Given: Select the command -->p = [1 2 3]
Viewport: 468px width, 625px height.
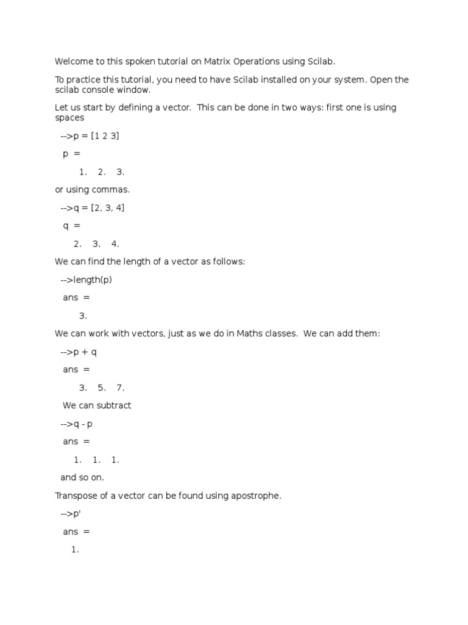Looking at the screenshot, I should [90, 135].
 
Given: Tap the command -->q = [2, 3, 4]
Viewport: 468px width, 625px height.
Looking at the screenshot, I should [93, 208].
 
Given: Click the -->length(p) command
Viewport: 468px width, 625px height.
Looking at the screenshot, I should [86, 280].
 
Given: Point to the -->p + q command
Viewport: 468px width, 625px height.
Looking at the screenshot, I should [79, 352].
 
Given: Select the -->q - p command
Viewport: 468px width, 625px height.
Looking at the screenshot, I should [76, 424].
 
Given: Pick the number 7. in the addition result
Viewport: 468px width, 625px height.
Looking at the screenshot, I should [120, 388].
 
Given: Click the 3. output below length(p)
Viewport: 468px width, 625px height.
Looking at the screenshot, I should [83, 316].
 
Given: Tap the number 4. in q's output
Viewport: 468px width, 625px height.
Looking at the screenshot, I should [115, 244].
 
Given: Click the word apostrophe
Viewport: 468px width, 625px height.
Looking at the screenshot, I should [258, 496].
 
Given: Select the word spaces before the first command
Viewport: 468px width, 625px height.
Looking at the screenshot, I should [69, 117].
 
